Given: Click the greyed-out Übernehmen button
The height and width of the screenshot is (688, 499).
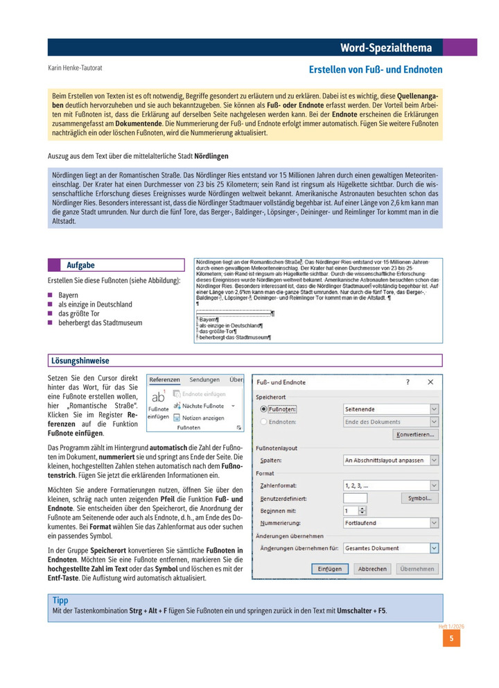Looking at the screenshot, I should [x=417, y=569].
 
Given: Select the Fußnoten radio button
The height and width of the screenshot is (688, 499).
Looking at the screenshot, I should [x=263, y=410].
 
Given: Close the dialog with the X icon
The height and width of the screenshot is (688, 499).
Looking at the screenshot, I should [x=430, y=381].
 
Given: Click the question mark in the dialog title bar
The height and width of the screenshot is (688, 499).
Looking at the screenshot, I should [x=408, y=381].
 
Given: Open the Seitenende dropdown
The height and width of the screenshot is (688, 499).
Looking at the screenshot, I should [x=392, y=410].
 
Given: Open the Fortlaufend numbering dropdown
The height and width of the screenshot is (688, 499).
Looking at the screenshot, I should [x=392, y=523].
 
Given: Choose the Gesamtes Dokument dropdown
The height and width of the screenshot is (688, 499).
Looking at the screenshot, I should [x=392, y=548].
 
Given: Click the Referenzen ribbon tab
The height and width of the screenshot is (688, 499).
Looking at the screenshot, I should [x=165, y=380].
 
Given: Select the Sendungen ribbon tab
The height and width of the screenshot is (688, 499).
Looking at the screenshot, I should [x=204, y=380].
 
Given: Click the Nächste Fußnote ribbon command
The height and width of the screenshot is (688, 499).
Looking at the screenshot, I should [x=203, y=406].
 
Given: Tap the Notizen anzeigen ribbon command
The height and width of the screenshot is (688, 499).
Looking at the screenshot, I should [x=203, y=418].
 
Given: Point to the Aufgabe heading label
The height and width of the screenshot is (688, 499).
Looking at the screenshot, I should [x=80, y=266].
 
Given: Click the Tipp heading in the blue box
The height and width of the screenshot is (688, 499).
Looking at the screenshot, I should [x=60, y=600].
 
